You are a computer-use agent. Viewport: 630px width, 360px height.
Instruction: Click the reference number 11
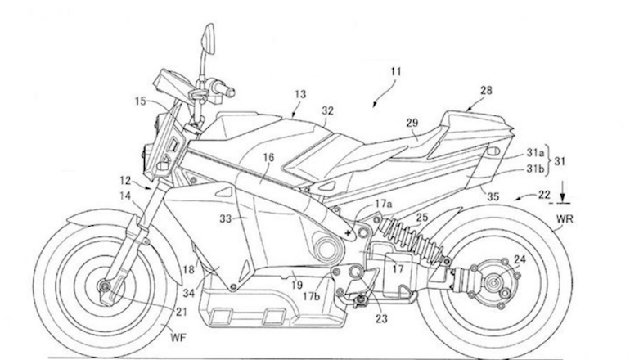(396, 72)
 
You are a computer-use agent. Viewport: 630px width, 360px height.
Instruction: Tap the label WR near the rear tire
(565, 219)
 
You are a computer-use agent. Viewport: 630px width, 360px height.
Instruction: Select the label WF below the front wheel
(178, 337)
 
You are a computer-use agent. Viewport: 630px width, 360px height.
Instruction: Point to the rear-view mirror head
(209, 39)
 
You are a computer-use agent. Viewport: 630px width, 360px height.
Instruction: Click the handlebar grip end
(231, 92)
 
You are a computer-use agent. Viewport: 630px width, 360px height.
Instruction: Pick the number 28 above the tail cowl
(486, 90)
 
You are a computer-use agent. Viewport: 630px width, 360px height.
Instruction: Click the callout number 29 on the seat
(412, 123)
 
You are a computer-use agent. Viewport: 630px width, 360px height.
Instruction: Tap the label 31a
(536, 153)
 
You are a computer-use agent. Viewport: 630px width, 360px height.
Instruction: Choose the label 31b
(536, 169)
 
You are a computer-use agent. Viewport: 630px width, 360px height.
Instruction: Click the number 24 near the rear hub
(520, 259)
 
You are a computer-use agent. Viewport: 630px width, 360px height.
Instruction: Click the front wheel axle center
(105, 286)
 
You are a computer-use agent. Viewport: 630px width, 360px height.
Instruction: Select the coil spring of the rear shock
(411, 239)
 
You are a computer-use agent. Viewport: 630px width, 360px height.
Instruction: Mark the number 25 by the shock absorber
(422, 218)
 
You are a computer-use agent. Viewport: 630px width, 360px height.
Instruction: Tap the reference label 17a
(383, 204)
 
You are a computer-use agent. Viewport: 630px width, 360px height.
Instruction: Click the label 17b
(312, 296)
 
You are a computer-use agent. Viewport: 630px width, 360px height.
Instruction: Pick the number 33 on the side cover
(226, 219)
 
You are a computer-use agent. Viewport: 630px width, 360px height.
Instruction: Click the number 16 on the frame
(268, 157)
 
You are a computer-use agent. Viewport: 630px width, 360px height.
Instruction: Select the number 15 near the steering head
(140, 101)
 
